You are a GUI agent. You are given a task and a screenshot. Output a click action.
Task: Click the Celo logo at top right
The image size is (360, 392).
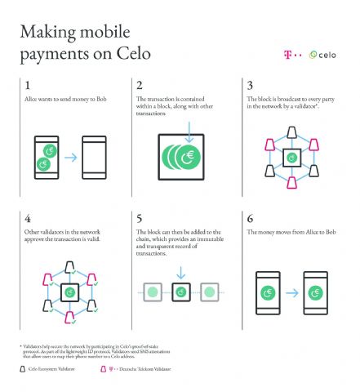[x=326, y=55]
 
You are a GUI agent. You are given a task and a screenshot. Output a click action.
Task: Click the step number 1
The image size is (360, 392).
[x=29, y=85]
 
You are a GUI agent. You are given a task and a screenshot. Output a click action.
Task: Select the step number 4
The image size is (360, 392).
[x=29, y=218]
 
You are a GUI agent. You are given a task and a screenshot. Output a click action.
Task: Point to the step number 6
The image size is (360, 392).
[x=250, y=218]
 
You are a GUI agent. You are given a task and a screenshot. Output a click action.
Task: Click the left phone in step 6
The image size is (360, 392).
[x=265, y=291]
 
